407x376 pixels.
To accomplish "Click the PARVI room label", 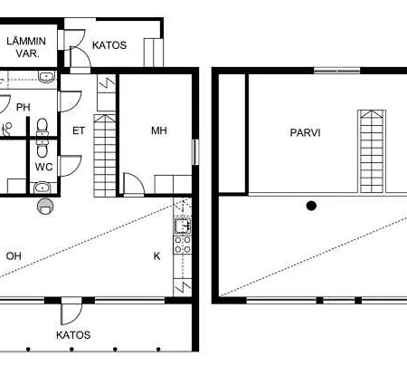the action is tap(305, 132).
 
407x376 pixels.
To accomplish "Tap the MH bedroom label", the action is tap(159, 130).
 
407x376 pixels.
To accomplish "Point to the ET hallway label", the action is tap(79, 130).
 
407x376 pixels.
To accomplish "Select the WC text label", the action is tap(43, 167).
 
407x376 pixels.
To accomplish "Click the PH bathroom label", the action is tap(24, 107).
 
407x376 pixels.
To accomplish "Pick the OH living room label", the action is tap(14, 256).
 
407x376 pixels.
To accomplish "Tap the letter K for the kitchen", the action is tap(156, 256).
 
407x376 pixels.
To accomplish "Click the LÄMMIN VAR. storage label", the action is tap(26, 47).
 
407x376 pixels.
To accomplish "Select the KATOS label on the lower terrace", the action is tap(73, 335).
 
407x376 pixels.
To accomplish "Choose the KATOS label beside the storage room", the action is tap(109, 45).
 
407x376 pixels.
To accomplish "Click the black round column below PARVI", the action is tap(311, 206).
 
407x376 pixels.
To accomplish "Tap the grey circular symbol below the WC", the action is tap(45, 207).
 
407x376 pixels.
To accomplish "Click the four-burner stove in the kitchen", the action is tap(183, 245).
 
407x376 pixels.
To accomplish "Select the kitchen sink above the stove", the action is tap(183, 226).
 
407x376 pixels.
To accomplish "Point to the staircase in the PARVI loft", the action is tap(372, 151).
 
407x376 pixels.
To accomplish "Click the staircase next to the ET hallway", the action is tap(105, 156).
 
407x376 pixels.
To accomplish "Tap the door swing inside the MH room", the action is tap(134, 184).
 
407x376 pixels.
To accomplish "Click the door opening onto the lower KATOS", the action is tap(71, 311).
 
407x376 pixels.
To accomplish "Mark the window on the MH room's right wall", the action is tap(195, 152).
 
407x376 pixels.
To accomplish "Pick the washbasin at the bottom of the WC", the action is tap(43, 188).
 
